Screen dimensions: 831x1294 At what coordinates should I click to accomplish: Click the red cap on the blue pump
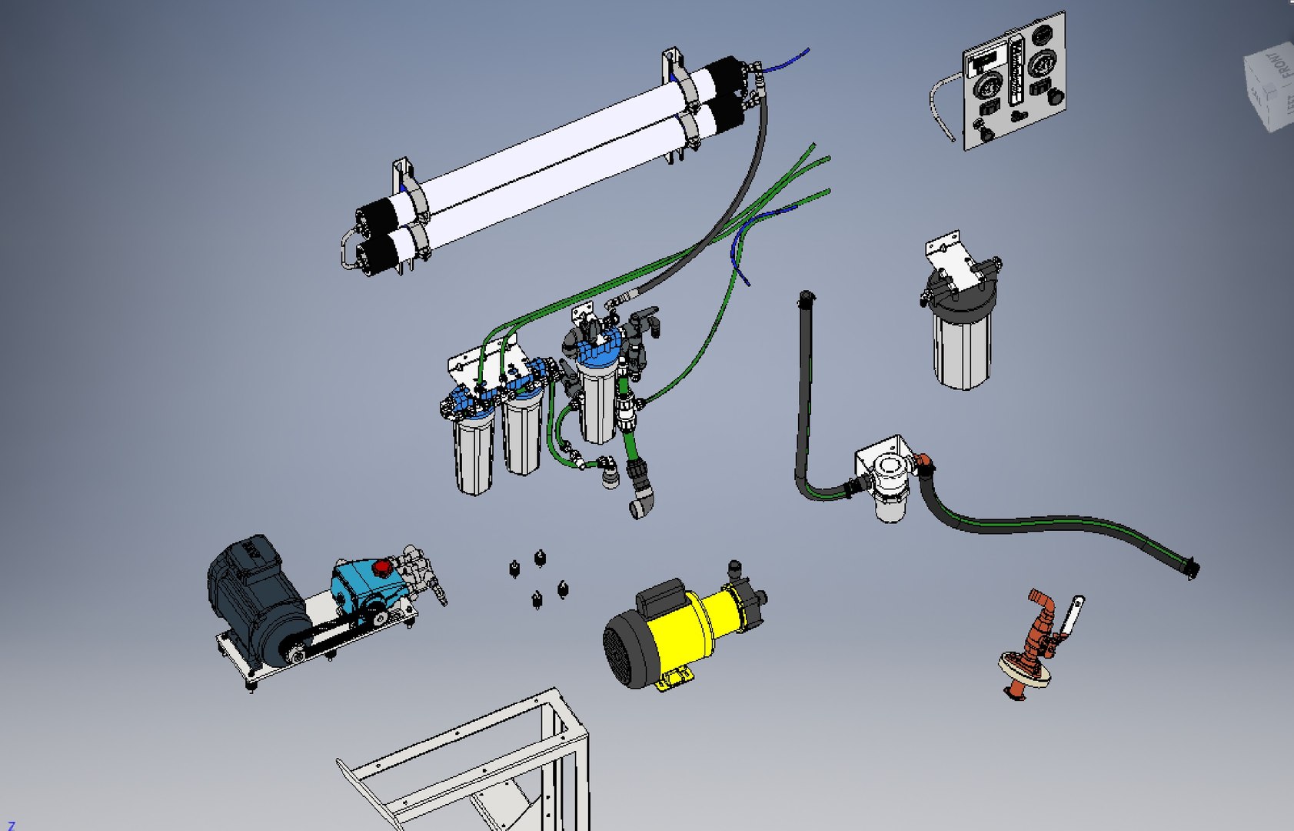(382, 568)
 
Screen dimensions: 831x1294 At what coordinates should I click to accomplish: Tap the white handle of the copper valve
(1073, 612)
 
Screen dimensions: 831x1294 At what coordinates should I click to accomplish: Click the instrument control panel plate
(1013, 81)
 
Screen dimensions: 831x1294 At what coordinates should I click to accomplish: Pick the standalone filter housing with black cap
(961, 331)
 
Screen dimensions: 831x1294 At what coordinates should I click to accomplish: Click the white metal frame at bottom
(477, 762)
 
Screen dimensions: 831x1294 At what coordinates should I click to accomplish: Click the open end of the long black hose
(1191, 569)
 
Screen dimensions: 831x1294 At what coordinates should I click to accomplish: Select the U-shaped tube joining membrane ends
(347, 248)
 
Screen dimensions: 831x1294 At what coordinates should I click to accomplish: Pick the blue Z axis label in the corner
(11, 825)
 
